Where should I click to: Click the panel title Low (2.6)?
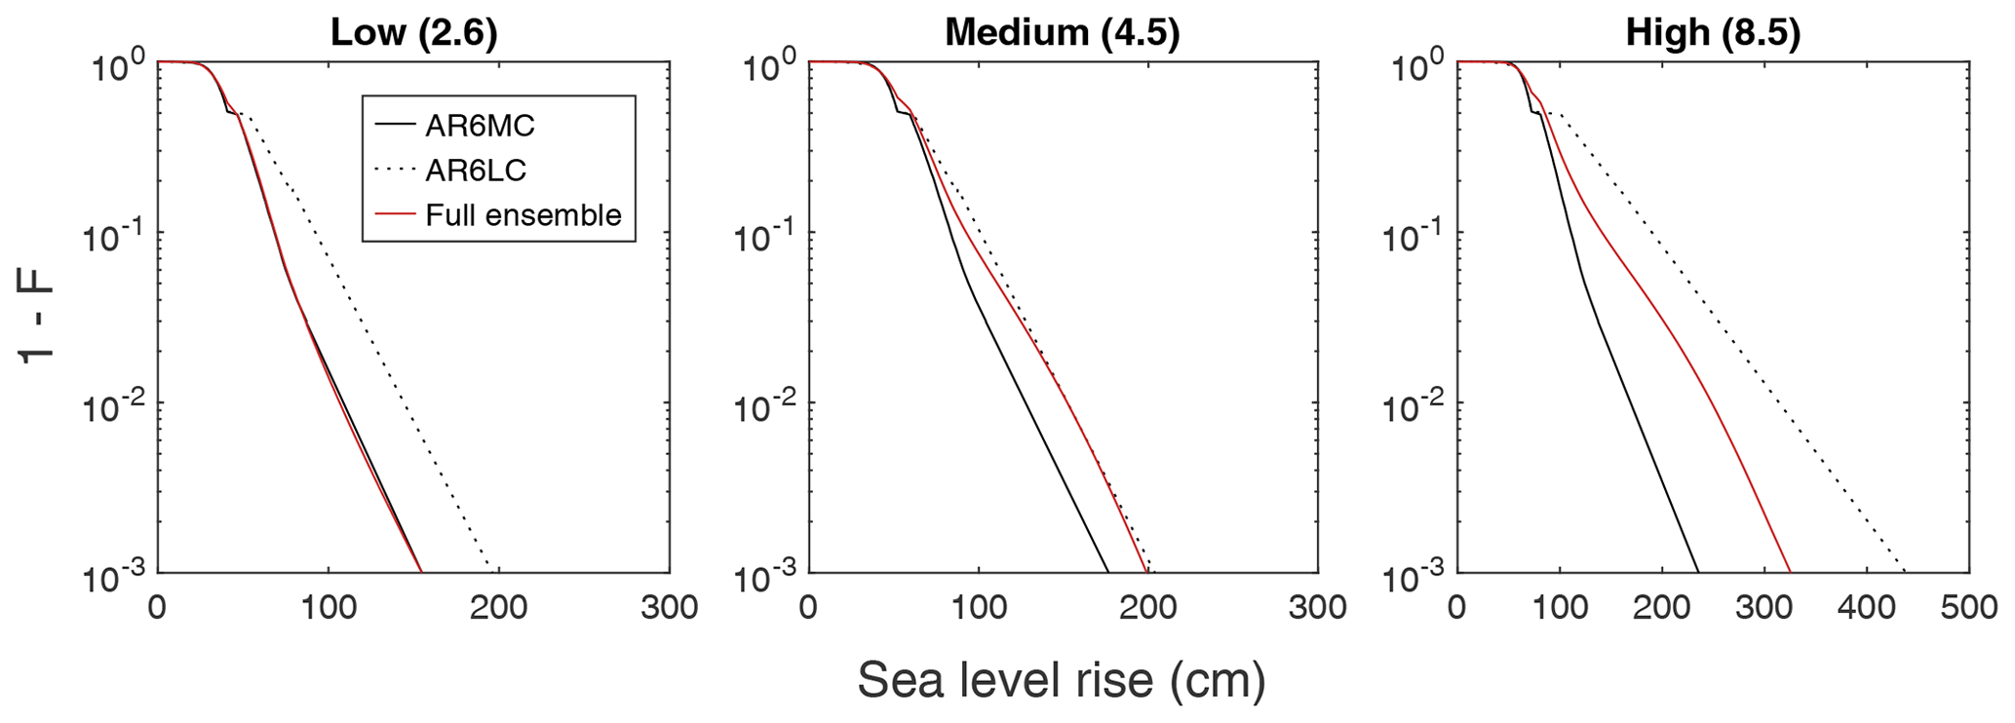coord(414,33)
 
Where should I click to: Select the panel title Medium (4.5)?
coord(1062,33)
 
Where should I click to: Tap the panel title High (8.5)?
coord(1713,33)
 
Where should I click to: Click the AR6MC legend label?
coord(480,126)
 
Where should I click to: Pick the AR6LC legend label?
coord(476,171)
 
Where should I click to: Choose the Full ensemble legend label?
coord(523,215)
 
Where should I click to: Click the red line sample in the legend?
coord(393,215)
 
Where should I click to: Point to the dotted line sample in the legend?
coord(393,171)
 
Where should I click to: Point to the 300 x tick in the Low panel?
coord(669,607)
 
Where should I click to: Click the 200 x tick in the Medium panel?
coord(1148,607)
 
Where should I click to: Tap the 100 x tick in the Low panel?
coord(328,607)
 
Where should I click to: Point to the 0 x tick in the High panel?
coord(1456,607)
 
